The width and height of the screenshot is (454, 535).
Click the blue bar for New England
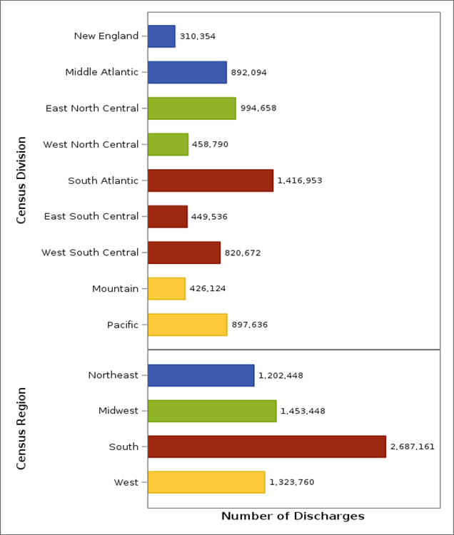[161, 36]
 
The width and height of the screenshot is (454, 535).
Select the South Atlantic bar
[211, 180]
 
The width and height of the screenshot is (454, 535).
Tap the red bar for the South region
[266, 447]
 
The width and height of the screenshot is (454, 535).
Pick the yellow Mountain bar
[166, 288]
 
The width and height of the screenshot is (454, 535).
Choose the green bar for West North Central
[168, 144]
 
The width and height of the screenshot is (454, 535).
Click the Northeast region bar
[201, 375]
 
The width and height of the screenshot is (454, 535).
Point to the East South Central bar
[168, 216]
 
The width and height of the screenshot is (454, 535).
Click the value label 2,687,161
[412, 447]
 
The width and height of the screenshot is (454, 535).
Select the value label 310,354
[198, 36]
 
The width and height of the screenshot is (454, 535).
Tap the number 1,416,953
[300, 180]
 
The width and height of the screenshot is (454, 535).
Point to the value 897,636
[250, 325]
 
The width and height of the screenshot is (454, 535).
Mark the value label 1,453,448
[303, 411]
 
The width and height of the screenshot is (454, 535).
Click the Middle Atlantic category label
[101, 72]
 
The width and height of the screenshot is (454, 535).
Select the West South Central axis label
[90, 253]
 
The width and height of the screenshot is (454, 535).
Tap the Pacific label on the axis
[122, 325]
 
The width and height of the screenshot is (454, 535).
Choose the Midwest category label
[118, 411]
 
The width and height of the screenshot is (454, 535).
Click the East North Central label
[91, 108]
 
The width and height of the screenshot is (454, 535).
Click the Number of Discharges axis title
[293, 516]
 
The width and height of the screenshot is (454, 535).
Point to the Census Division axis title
[21, 180]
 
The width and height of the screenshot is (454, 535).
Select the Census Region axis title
[21, 429]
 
